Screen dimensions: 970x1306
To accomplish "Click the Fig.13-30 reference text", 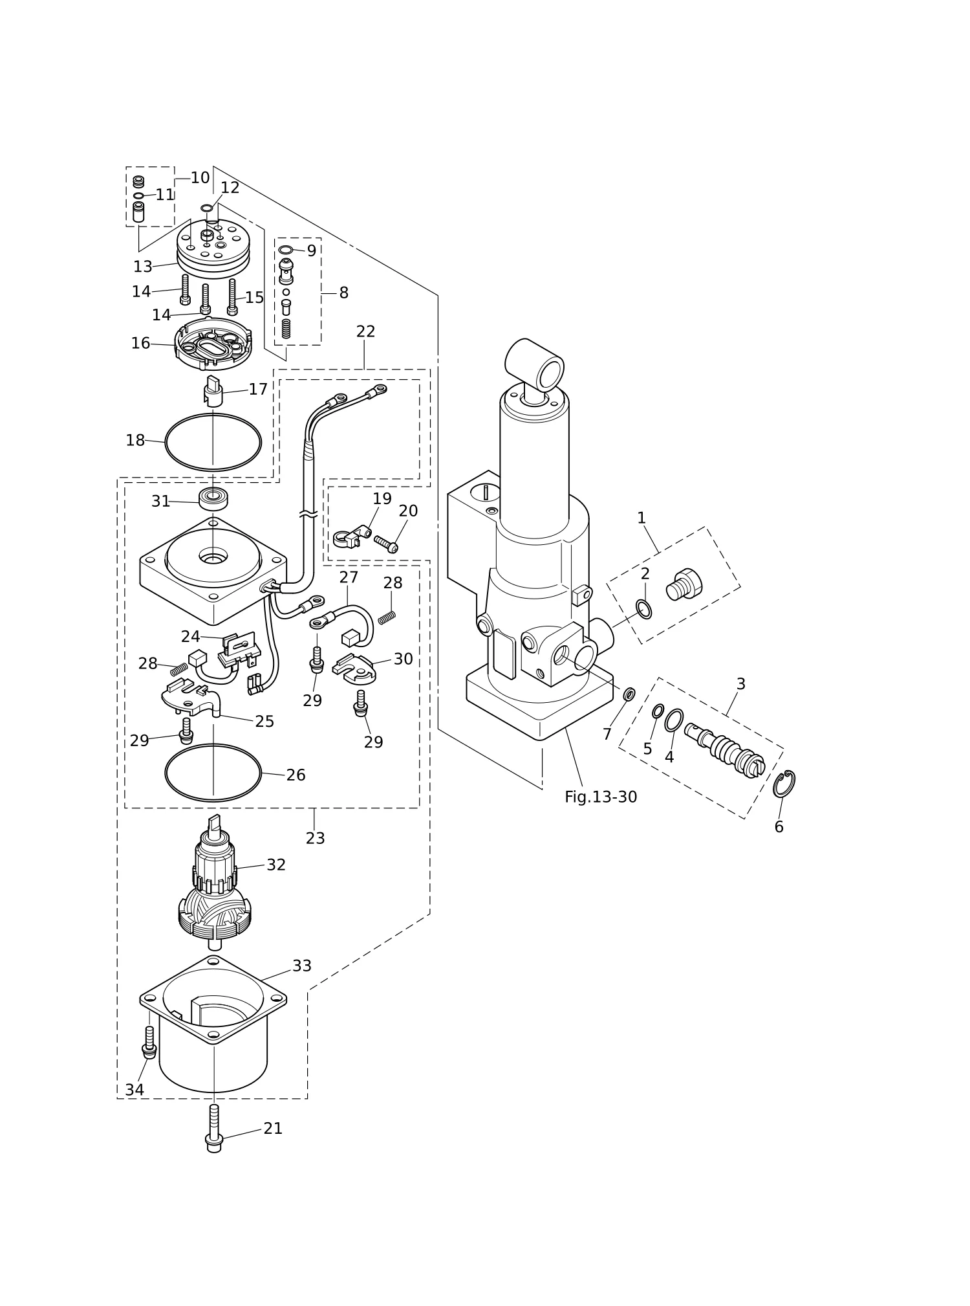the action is click(x=601, y=797).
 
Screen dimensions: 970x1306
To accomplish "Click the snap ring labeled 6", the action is click(x=784, y=784).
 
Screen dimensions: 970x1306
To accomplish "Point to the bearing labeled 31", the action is click(x=213, y=499).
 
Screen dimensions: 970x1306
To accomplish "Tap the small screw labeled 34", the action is click(x=149, y=1050).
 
